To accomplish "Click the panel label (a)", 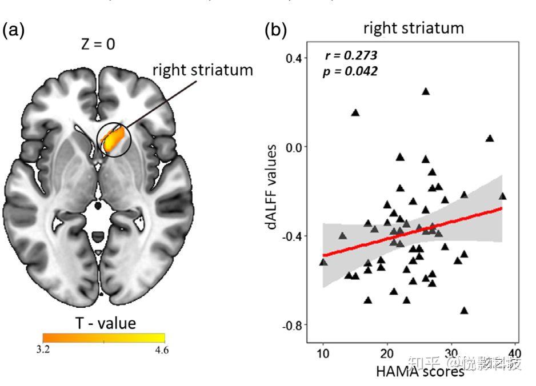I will (x=14, y=31).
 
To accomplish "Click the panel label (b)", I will (x=276, y=31).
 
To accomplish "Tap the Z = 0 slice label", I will (x=98, y=44).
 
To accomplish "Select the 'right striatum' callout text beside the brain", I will (x=202, y=70).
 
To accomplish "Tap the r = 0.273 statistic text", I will (x=351, y=56).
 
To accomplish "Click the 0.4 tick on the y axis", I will (x=295, y=58).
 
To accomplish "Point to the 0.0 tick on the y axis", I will (x=295, y=147).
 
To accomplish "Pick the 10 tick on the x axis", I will (x=323, y=352).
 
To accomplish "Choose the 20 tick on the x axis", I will (x=387, y=352).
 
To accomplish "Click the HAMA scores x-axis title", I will (x=419, y=372).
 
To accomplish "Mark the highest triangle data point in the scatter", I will (x=425, y=91).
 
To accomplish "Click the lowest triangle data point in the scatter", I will (x=464, y=311).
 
